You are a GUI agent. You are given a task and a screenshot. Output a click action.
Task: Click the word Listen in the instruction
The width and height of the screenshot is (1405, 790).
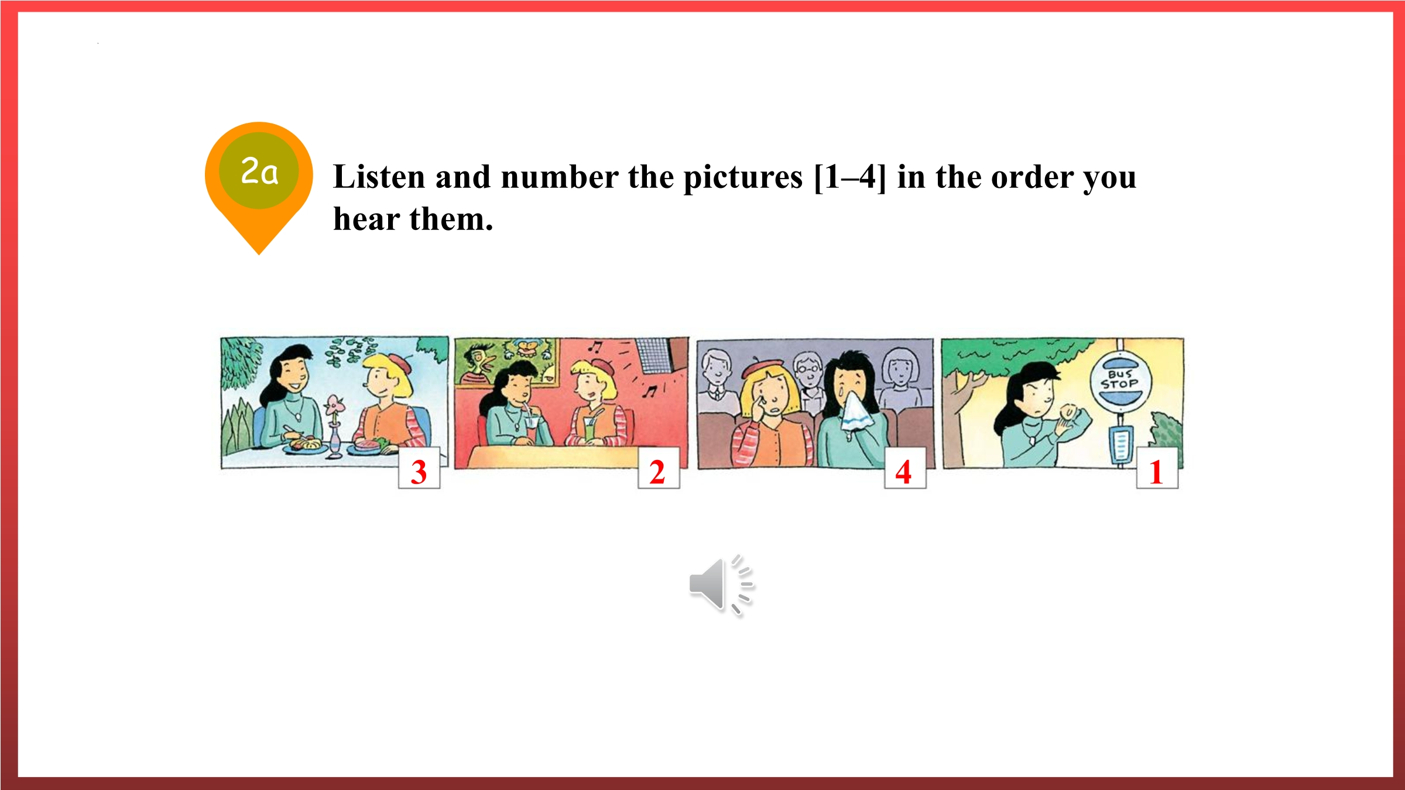point(379,177)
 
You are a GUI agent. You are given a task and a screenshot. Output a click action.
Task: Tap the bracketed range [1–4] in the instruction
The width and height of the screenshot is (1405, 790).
point(850,177)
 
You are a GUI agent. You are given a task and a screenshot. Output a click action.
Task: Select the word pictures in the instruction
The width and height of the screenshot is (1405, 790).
point(743,178)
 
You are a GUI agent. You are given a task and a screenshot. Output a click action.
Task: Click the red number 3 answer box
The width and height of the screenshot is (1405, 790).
point(419,468)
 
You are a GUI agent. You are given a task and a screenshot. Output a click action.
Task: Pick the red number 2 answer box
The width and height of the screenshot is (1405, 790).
point(659,468)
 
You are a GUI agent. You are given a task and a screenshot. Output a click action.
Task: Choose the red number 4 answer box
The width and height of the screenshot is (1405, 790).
point(905,468)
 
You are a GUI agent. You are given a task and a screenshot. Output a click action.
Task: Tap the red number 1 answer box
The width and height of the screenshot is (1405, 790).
point(1157,468)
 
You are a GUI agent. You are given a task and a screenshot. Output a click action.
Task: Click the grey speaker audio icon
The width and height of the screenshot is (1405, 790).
point(722,585)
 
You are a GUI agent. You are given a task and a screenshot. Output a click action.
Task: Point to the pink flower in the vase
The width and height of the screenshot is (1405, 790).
point(334,404)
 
